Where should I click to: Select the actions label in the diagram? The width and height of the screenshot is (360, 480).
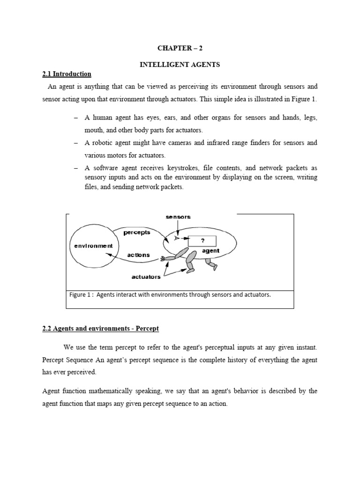[x=139, y=255]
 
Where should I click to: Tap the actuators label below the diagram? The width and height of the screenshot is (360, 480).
[x=146, y=277]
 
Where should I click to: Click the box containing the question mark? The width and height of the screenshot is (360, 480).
[x=202, y=241]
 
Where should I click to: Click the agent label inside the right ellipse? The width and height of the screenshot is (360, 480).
[x=210, y=251]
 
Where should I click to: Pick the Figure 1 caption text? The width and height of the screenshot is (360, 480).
[x=170, y=295]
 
